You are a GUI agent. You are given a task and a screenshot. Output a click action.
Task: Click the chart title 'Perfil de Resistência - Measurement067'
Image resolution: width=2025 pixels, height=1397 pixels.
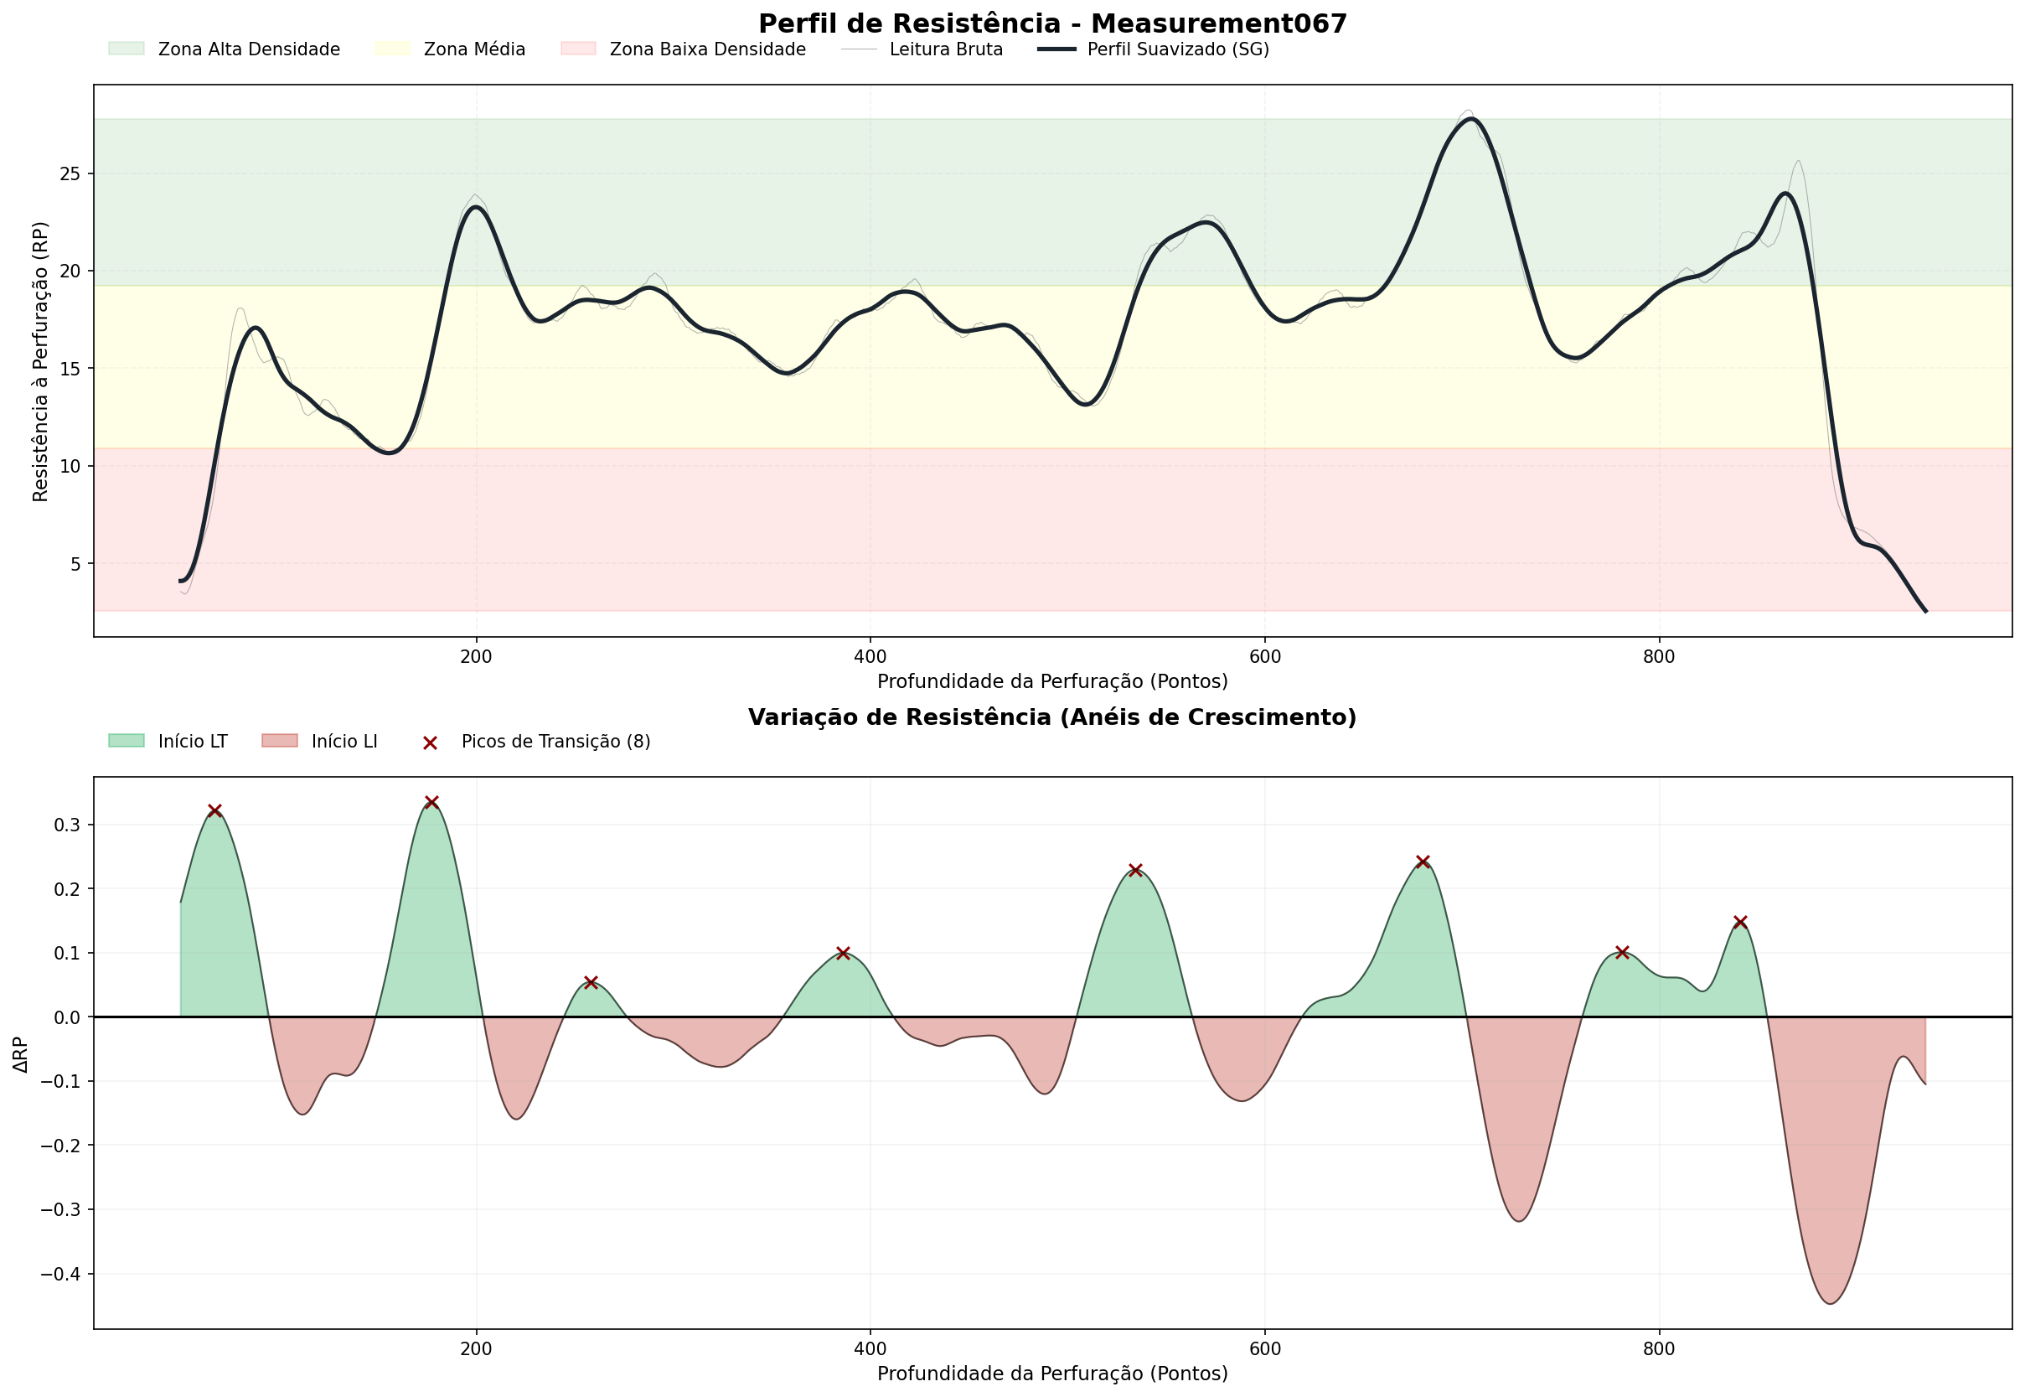point(1052,23)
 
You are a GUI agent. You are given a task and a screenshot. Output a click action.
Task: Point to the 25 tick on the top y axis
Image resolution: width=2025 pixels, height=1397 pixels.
point(70,174)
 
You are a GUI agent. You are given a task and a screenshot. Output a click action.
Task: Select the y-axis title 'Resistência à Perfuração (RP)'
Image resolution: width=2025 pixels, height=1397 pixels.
point(40,361)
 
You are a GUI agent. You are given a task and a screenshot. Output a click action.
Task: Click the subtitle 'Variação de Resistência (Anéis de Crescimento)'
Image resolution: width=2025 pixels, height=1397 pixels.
point(1052,717)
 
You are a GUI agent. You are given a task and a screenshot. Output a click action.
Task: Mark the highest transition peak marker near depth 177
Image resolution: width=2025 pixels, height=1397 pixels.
point(431,803)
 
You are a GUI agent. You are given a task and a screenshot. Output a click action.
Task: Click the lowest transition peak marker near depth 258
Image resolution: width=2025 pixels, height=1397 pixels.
point(591,982)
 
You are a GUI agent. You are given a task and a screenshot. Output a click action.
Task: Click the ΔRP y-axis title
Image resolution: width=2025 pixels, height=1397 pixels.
point(21,1054)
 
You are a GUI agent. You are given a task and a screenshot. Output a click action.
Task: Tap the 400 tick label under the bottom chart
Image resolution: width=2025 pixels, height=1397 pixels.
point(870,1349)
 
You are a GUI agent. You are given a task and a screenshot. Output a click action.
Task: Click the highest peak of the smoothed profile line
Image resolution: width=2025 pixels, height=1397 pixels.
point(1471,119)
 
